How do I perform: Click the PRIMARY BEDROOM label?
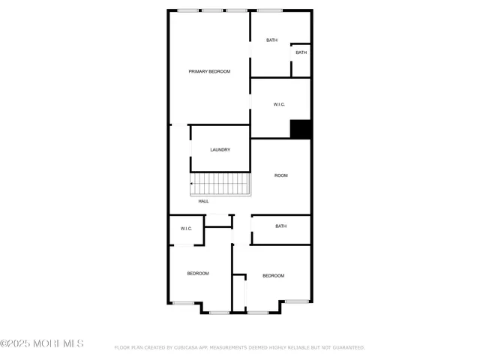click(x=209, y=71)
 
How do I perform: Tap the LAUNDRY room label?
click(x=220, y=149)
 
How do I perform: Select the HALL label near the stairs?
click(x=203, y=201)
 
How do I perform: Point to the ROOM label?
click(x=280, y=175)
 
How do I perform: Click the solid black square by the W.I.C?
click(x=301, y=129)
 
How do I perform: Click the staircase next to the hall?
click(x=221, y=183)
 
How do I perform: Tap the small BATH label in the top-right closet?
click(x=301, y=52)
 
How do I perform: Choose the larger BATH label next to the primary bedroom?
click(x=271, y=40)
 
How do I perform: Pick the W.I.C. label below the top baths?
click(x=279, y=104)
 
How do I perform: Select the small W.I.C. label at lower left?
click(x=186, y=229)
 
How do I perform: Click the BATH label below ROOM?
click(x=280, y=226)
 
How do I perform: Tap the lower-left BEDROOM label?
click(x=197, y=273)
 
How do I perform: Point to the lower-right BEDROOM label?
click(x=273, y=276)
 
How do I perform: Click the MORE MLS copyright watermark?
click(x=42, y=343)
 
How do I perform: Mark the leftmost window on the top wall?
click(x=188, y=10)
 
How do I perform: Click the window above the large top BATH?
click(x=270, y=10)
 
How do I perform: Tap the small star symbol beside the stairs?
click(x=191, y=183)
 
